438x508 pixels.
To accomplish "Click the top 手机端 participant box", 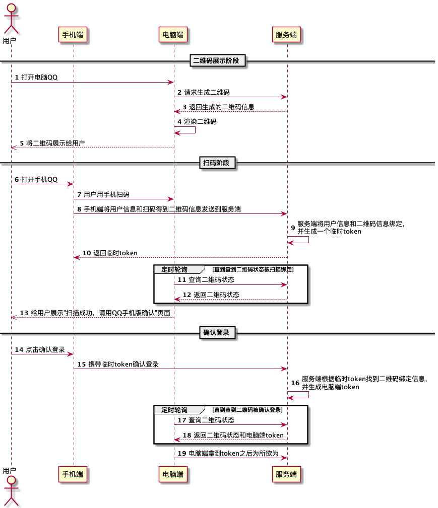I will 73,35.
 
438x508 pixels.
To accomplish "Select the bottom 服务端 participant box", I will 286,474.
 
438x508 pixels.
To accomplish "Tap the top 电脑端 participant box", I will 173,35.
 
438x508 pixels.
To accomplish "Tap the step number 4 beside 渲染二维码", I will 179,121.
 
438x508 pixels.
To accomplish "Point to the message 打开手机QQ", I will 39,180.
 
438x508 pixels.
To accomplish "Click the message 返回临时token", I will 115,253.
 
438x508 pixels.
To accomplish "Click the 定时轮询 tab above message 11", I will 174,269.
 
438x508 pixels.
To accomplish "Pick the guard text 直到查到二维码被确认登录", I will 247,410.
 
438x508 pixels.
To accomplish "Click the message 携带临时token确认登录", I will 123,364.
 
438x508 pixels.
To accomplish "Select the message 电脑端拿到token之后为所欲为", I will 233,453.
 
